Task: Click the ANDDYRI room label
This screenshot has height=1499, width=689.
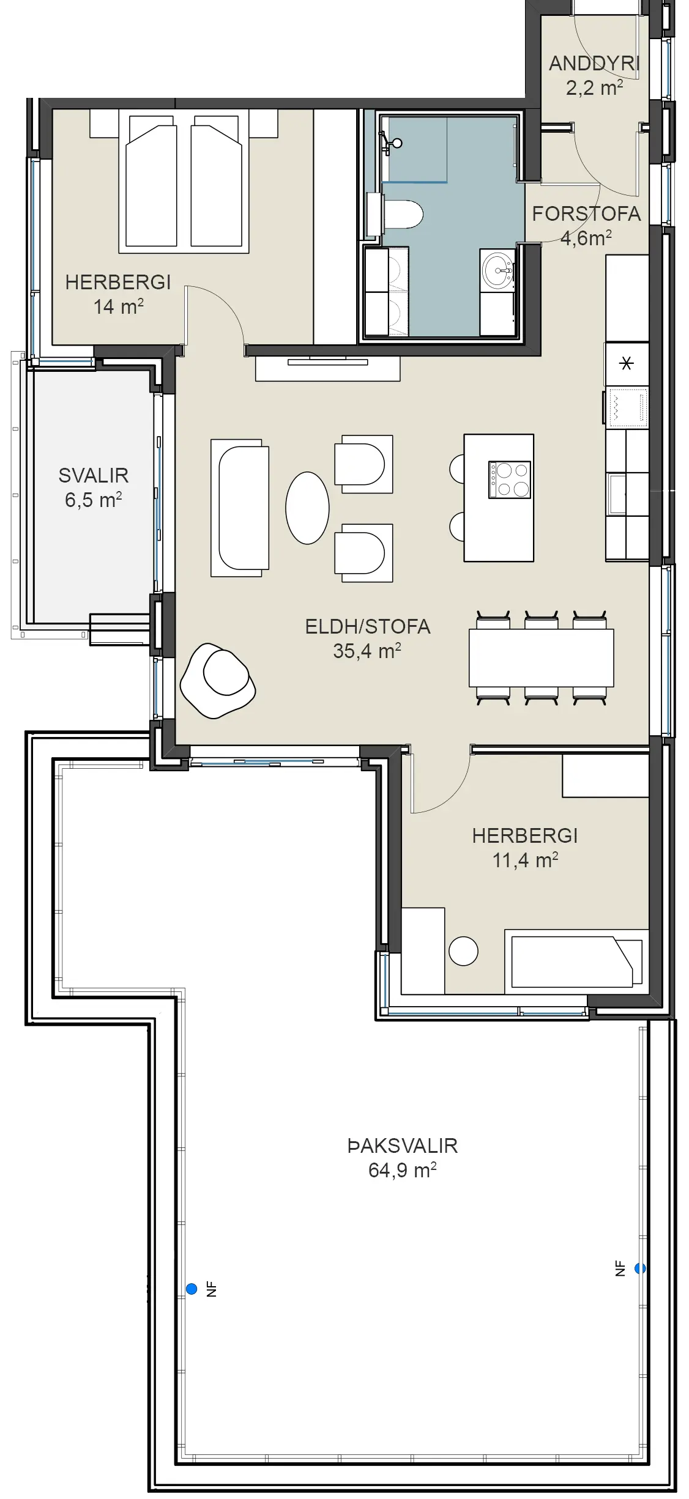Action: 594,63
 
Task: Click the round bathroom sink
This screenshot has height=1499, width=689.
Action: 497,268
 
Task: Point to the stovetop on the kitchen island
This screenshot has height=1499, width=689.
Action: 509,479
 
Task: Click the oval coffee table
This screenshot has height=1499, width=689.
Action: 307,508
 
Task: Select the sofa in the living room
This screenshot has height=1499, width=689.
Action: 240,508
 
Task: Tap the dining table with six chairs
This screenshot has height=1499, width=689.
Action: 542,657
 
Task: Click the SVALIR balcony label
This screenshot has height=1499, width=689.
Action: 94,475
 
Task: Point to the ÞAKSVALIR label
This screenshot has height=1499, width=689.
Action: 403,1146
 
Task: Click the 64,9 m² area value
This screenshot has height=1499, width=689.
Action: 403,1170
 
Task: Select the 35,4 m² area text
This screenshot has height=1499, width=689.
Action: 367,651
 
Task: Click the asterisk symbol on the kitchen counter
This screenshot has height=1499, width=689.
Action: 627,364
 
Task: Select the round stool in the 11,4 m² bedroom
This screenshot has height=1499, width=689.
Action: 463,951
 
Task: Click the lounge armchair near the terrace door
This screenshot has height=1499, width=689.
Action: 218,681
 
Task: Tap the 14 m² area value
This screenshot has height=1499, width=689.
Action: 119,306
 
